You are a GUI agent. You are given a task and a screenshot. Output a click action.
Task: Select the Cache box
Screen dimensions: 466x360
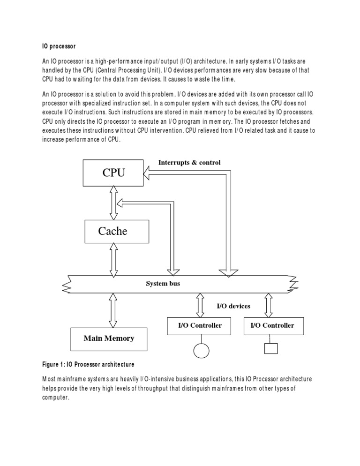pyautogui.click(x=116, y=231)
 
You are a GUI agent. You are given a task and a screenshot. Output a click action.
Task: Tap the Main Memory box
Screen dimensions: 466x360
pyautogui.click(x=109, y=338)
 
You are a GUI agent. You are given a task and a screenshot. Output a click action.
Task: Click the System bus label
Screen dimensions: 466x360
pyautogui.click(x=163, y=284)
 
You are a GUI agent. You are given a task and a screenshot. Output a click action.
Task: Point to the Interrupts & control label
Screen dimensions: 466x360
pyautogui.click(x=189, y=162)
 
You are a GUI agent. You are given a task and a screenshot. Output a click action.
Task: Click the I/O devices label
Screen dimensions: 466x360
pyautogui.click(x=233, y=306)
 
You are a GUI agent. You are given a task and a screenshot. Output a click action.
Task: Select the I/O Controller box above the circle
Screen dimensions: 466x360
pyautogui.click(x=200, y=325)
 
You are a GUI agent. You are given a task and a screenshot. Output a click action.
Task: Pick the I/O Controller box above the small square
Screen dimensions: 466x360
pyautogui.click(x=272, y=325)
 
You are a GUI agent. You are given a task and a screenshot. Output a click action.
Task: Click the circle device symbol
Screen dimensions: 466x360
pyautogui.click(x=201, y=350)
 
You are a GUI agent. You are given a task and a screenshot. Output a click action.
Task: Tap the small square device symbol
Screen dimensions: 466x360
pyautogui.click(x=271, y=348)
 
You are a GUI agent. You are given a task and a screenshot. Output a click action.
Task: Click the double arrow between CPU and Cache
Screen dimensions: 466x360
pyautogui.click(x=112, y=202)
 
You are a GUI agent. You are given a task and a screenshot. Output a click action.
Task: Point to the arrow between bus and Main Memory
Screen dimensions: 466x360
pyautogui.click(x=112, y=309)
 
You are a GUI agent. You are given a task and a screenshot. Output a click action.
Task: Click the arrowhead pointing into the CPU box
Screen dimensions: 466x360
pyautogui.click(x=147, y=174)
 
